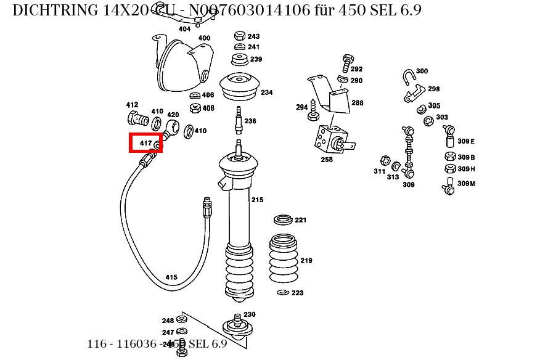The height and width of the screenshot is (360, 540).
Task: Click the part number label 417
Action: [x=145, y=143]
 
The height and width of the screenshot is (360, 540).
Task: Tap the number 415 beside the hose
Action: [x=171, y=277]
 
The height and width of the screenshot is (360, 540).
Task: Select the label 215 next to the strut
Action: [x=256, y=200]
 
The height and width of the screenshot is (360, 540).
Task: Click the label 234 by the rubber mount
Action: [x=266, y=93]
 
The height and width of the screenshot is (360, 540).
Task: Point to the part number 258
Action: [x=327, y=160]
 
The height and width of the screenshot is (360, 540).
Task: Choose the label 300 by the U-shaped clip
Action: [x=422, y=72]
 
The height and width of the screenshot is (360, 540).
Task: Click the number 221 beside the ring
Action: [x=300, y=220]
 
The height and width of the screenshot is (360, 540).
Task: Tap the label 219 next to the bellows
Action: [x=306, y=261]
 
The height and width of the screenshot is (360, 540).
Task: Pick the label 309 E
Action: [x=466, y=141]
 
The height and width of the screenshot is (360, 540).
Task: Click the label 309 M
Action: [x=466, y=184]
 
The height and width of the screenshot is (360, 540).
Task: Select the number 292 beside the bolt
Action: [x=356, y=70]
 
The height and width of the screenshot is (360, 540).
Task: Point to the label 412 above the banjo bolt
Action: [x=132, y=105]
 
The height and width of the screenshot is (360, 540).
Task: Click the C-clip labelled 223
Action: [x=283, y=292]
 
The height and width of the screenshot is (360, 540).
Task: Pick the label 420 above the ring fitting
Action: [x=173, y=115]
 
